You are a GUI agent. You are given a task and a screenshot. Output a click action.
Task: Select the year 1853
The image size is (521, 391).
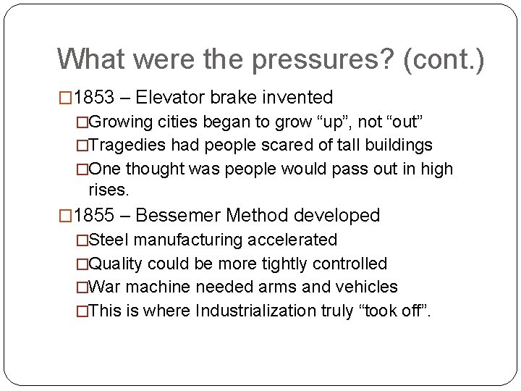[x=93, y=98]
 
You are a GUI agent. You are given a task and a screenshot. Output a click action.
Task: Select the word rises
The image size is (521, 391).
[x=108, y=190]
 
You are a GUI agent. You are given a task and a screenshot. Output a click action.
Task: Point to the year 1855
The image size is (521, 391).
[x=93, y=216]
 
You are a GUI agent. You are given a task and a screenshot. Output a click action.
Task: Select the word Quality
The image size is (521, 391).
[x=118, y=264]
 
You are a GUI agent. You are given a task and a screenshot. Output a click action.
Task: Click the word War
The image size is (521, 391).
[x=106, y=287]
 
